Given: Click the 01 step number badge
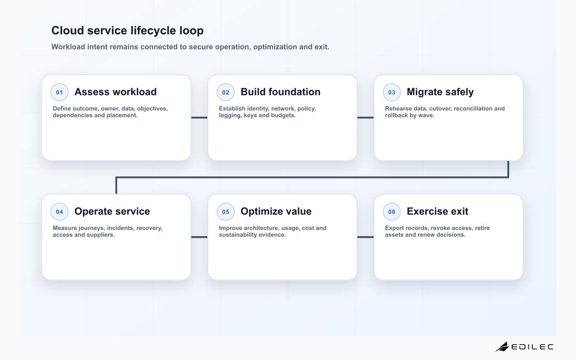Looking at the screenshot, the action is (x=60, y=92).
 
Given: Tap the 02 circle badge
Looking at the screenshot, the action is (x=226, y=92).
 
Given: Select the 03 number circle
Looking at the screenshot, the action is (x=392, y=92).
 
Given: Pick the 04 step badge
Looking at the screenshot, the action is (x=60, y=212).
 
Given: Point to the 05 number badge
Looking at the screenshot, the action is (x=226, y=212).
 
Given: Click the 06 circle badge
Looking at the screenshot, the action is (x=392, y=212).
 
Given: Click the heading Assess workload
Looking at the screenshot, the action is (x=116, y=92).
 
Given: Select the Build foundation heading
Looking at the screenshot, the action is (x=280, y=92).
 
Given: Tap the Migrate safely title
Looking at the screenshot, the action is (x=440, y=92).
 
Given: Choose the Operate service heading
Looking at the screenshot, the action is (x=112, y=211).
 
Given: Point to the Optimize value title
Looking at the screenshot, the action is (x=276, y=211).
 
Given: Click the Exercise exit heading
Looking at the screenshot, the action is (x=437, y=211).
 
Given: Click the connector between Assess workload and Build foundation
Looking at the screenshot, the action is (x=199, y=118).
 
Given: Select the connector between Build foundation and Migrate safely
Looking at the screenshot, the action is (x=365, y=118).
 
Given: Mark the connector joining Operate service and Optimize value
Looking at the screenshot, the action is (x=199, y=237).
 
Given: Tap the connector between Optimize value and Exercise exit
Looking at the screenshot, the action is (x=365, y=237).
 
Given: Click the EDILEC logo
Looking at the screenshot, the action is (x=525, y=347).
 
